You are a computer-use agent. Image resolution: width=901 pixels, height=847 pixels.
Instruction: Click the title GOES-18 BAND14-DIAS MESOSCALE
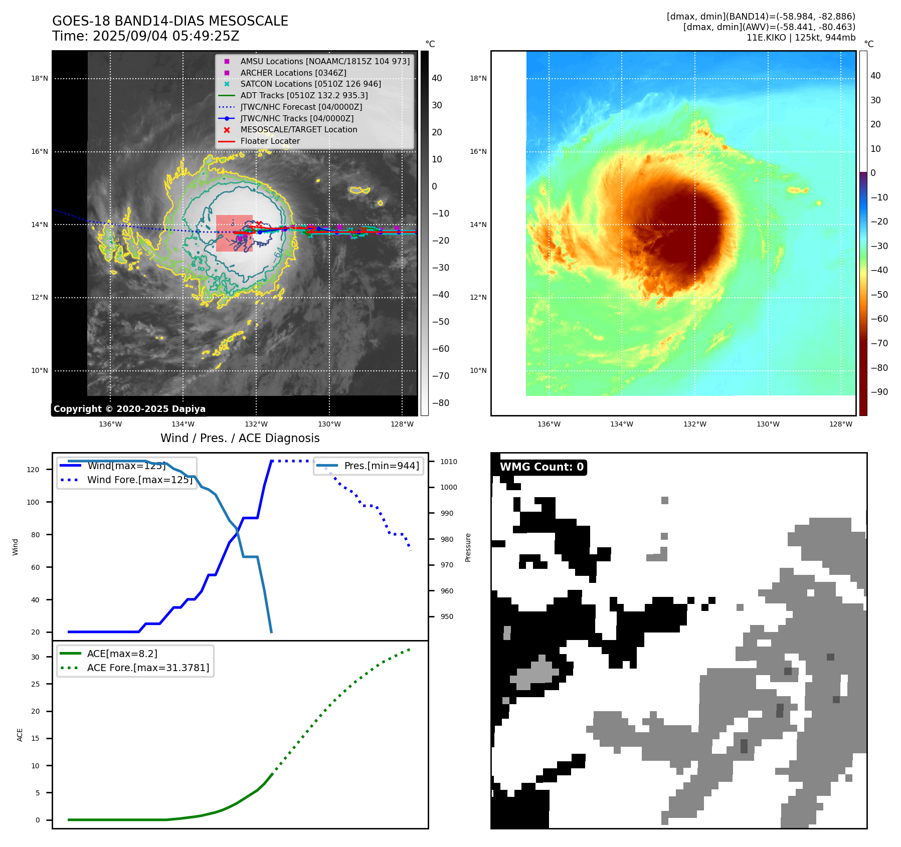point(170,21)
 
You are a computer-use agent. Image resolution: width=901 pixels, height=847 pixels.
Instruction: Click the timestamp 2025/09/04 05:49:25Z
point(166,36)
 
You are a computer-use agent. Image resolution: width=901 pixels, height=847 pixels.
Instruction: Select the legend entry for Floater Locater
point(270,141)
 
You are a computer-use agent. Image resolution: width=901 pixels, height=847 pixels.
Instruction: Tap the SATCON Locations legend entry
point(310,84)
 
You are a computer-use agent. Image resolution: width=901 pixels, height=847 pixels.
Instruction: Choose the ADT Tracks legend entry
point(304,95)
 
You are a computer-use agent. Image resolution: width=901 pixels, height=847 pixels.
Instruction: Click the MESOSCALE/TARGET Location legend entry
point(298,130)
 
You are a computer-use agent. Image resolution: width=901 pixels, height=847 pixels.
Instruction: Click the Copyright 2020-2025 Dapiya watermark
point(129,409)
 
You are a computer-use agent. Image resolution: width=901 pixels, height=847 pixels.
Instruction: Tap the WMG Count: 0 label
point(542,467)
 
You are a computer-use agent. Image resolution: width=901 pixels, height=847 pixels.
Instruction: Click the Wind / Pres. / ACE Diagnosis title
point(240,438)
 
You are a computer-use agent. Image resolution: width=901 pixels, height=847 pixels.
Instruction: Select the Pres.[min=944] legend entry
point(381,466)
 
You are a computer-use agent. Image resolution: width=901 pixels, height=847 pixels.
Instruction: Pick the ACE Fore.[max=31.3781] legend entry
point(148,668)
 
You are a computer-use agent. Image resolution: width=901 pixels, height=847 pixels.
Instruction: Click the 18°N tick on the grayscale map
point(40,79)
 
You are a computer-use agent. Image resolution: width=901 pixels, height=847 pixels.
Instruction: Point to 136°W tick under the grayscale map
point(110,425)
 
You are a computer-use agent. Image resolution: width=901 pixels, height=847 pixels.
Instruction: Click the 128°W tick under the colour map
point(841,425)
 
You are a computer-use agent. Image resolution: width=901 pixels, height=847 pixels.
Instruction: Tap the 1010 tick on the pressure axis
point(449,462)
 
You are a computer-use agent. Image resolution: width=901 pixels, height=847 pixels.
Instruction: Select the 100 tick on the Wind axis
point(33,502)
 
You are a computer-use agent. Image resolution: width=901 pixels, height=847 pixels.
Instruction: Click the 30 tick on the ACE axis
point(35,657)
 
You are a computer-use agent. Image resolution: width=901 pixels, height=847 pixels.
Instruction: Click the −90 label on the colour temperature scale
point(879,392)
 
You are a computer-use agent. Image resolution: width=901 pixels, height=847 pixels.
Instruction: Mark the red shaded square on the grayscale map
point(234,234)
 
